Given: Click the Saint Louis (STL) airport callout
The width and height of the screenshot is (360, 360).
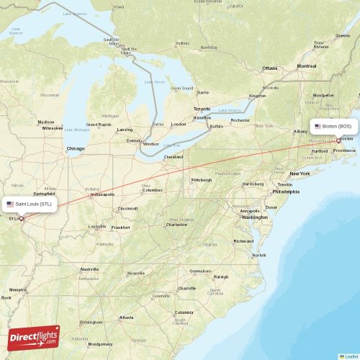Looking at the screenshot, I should [x=29, y=204].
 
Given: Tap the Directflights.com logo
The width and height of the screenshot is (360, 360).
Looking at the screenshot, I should [x=34, y=337].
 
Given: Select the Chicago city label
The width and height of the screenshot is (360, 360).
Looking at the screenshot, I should [x=75, y=149].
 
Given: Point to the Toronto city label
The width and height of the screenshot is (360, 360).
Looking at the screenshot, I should [x=202, y=109].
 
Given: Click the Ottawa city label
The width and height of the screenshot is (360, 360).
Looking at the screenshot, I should [x=269, y=68].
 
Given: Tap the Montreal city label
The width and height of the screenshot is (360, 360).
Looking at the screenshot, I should [x=307, y=66].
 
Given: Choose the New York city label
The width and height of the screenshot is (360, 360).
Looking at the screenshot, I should [x=299, y=174].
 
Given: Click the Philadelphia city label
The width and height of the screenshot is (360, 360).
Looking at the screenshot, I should [x=286, y=192].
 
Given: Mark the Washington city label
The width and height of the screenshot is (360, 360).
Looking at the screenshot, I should [x=254, y=217].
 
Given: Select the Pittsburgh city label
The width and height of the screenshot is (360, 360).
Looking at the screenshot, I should [x=201, y=179].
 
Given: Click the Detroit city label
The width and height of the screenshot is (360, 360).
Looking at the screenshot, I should [x=133, y=140].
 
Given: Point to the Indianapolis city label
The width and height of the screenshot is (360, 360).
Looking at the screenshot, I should [x=102, y=194].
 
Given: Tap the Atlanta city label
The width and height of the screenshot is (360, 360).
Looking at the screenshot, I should [x=126, y=318].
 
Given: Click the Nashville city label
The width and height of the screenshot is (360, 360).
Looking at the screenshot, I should [x=90, y=269].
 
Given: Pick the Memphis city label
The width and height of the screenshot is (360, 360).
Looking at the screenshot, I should [x=18, y=291].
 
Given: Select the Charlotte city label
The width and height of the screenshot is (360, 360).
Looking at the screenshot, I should [x=186, y=288].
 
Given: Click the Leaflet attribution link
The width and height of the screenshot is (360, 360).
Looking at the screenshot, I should [x=350, y=356].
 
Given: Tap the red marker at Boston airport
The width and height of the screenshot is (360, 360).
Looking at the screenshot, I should [x=338, y=140].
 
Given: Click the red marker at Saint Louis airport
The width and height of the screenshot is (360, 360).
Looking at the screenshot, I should [x=21, y=218].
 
